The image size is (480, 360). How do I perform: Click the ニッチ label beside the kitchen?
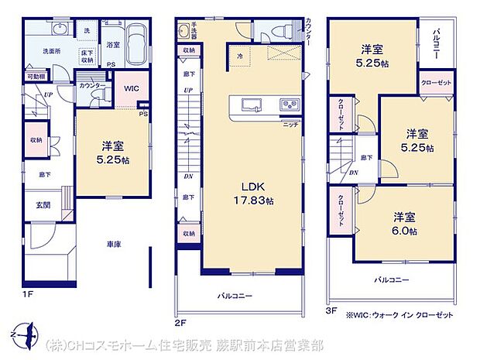pyautogui.click(x=290, y=124)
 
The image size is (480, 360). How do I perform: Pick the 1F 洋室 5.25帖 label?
pyautogui.click(x=111, y=151)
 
